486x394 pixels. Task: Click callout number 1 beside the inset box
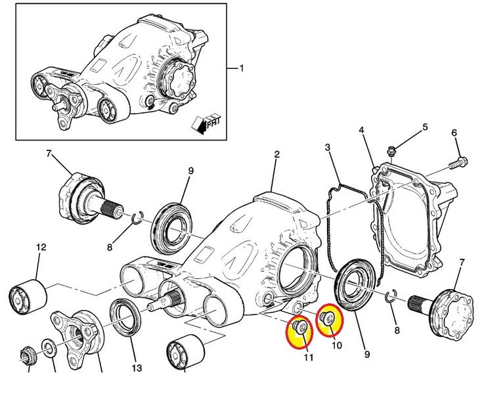coord(241,68)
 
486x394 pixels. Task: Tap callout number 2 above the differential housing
coord(276,154)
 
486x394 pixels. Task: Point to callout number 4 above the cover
coord(361,130)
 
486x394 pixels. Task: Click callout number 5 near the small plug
coord(425,126)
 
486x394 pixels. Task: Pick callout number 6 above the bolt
coord(454,135)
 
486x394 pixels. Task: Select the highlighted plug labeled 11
coord(301,327)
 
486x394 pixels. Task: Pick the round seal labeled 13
coord(123,316)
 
